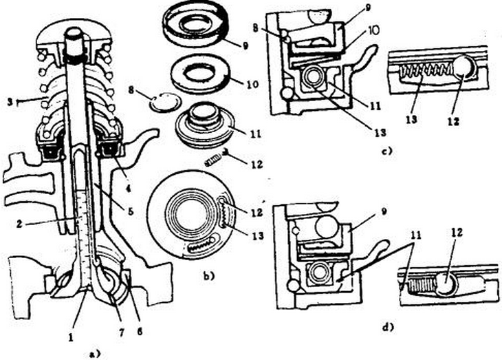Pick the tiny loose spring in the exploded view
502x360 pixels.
215,162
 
